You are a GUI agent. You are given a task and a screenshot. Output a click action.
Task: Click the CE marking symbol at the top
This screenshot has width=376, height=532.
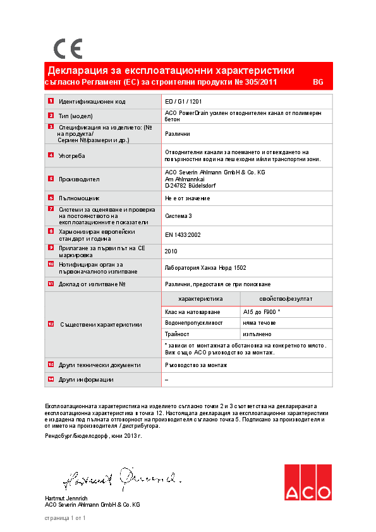(x=68, y=48)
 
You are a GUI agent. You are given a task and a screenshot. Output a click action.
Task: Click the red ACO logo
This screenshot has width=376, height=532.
(x=307, y=483)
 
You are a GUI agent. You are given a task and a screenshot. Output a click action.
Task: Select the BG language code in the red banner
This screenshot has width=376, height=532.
(x=318, y=83)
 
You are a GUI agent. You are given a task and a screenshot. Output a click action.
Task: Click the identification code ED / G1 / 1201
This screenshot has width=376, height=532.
(x=183, y=101)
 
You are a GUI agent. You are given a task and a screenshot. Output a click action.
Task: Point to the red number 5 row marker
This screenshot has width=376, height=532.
(x=51, y=179)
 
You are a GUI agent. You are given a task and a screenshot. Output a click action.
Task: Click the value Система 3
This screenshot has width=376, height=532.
(x=178, y=216)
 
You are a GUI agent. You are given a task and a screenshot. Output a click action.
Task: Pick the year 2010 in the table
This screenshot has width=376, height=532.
(x=171, y=251)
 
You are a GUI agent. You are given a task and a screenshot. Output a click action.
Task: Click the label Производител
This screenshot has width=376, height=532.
(x=79, y=179)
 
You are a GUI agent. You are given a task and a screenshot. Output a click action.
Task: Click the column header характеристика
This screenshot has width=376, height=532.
(x=200, y=298)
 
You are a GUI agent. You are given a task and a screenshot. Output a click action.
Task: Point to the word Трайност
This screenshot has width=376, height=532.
(x=177, y=334)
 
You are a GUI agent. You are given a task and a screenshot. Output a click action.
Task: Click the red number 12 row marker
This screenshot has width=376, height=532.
(x=51, y=323)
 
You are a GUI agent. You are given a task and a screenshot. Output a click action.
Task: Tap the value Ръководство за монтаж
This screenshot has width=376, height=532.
(x=196, y=365)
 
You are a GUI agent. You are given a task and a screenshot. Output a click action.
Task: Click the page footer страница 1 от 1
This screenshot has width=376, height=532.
(x=65, y=518)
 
